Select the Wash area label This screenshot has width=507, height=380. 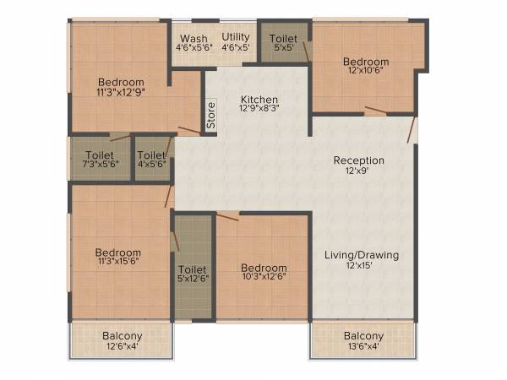(x=194, y=38)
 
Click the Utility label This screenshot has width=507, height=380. (x=236, y=37)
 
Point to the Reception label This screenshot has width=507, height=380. (x=358, y=160)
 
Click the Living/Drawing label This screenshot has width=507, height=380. (x=362, y=254)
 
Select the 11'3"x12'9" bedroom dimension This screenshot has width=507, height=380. (x=120, y=94)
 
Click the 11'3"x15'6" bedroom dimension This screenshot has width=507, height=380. (x=117, y=264)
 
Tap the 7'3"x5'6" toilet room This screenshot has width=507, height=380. (x=100, y=160)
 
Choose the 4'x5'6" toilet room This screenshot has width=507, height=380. (x=152, y=160)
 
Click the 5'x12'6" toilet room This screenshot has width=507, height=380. (x=193, y=272)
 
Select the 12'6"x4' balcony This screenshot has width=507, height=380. (x=122, y=340)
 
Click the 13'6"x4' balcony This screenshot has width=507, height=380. (x=363, y=340)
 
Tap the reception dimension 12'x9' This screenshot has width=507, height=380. (x=358, y=172)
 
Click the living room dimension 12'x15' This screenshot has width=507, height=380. (x=362, y=266)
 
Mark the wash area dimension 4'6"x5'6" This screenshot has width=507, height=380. (x=194, y=49)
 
